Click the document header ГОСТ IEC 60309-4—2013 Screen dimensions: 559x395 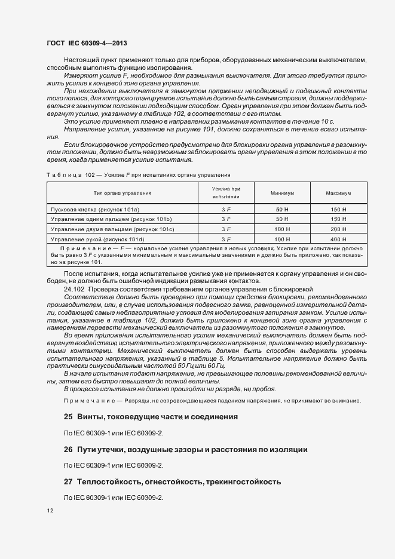pyautogui.click(x=86, y=44)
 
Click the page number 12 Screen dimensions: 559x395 pyautogui.click(x=50, y=511)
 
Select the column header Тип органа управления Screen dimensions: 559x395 pyautogui.click(x=122, y=193)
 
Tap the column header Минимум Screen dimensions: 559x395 pyautogui.click(x=281, y=193)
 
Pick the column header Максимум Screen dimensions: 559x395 pyautogui.click(x=338, y=193)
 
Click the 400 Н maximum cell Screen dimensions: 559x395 pyautogui.click(x=338, y=239)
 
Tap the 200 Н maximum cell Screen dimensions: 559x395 pyautogui.click(x=338, y=229)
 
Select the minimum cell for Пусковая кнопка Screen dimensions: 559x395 pyautogui.click(x=281, y=210)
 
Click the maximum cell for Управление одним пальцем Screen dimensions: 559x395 pyautogui.click(x=338, y=219)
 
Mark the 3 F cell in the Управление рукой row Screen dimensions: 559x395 pyautogui.click(x=226, y=239)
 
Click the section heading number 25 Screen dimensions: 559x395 pyautogui.click(x=68, y=416)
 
